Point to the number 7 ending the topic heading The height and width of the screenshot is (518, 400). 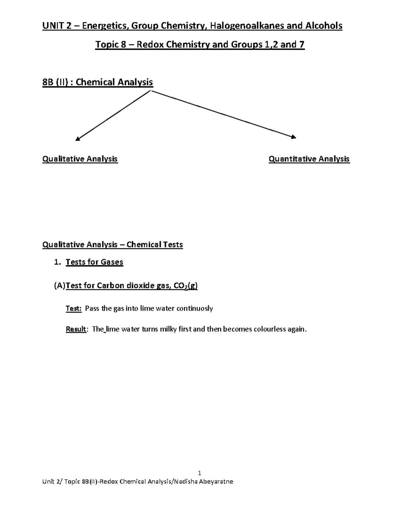[302, 44]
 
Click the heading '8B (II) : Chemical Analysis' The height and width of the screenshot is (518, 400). [97, 82]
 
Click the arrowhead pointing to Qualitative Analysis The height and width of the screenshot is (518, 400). [78, 139]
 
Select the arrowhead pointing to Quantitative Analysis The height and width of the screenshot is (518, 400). [293, 136]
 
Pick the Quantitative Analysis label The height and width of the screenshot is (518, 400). [309, 159]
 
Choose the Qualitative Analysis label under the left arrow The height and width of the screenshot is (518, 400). [80, 159]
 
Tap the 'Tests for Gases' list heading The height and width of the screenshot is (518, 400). [94, 262]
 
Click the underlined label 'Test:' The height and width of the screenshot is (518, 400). [73, 309]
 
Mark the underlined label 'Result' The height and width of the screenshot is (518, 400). [76, 329]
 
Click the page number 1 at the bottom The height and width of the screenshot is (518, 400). [200, 473]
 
